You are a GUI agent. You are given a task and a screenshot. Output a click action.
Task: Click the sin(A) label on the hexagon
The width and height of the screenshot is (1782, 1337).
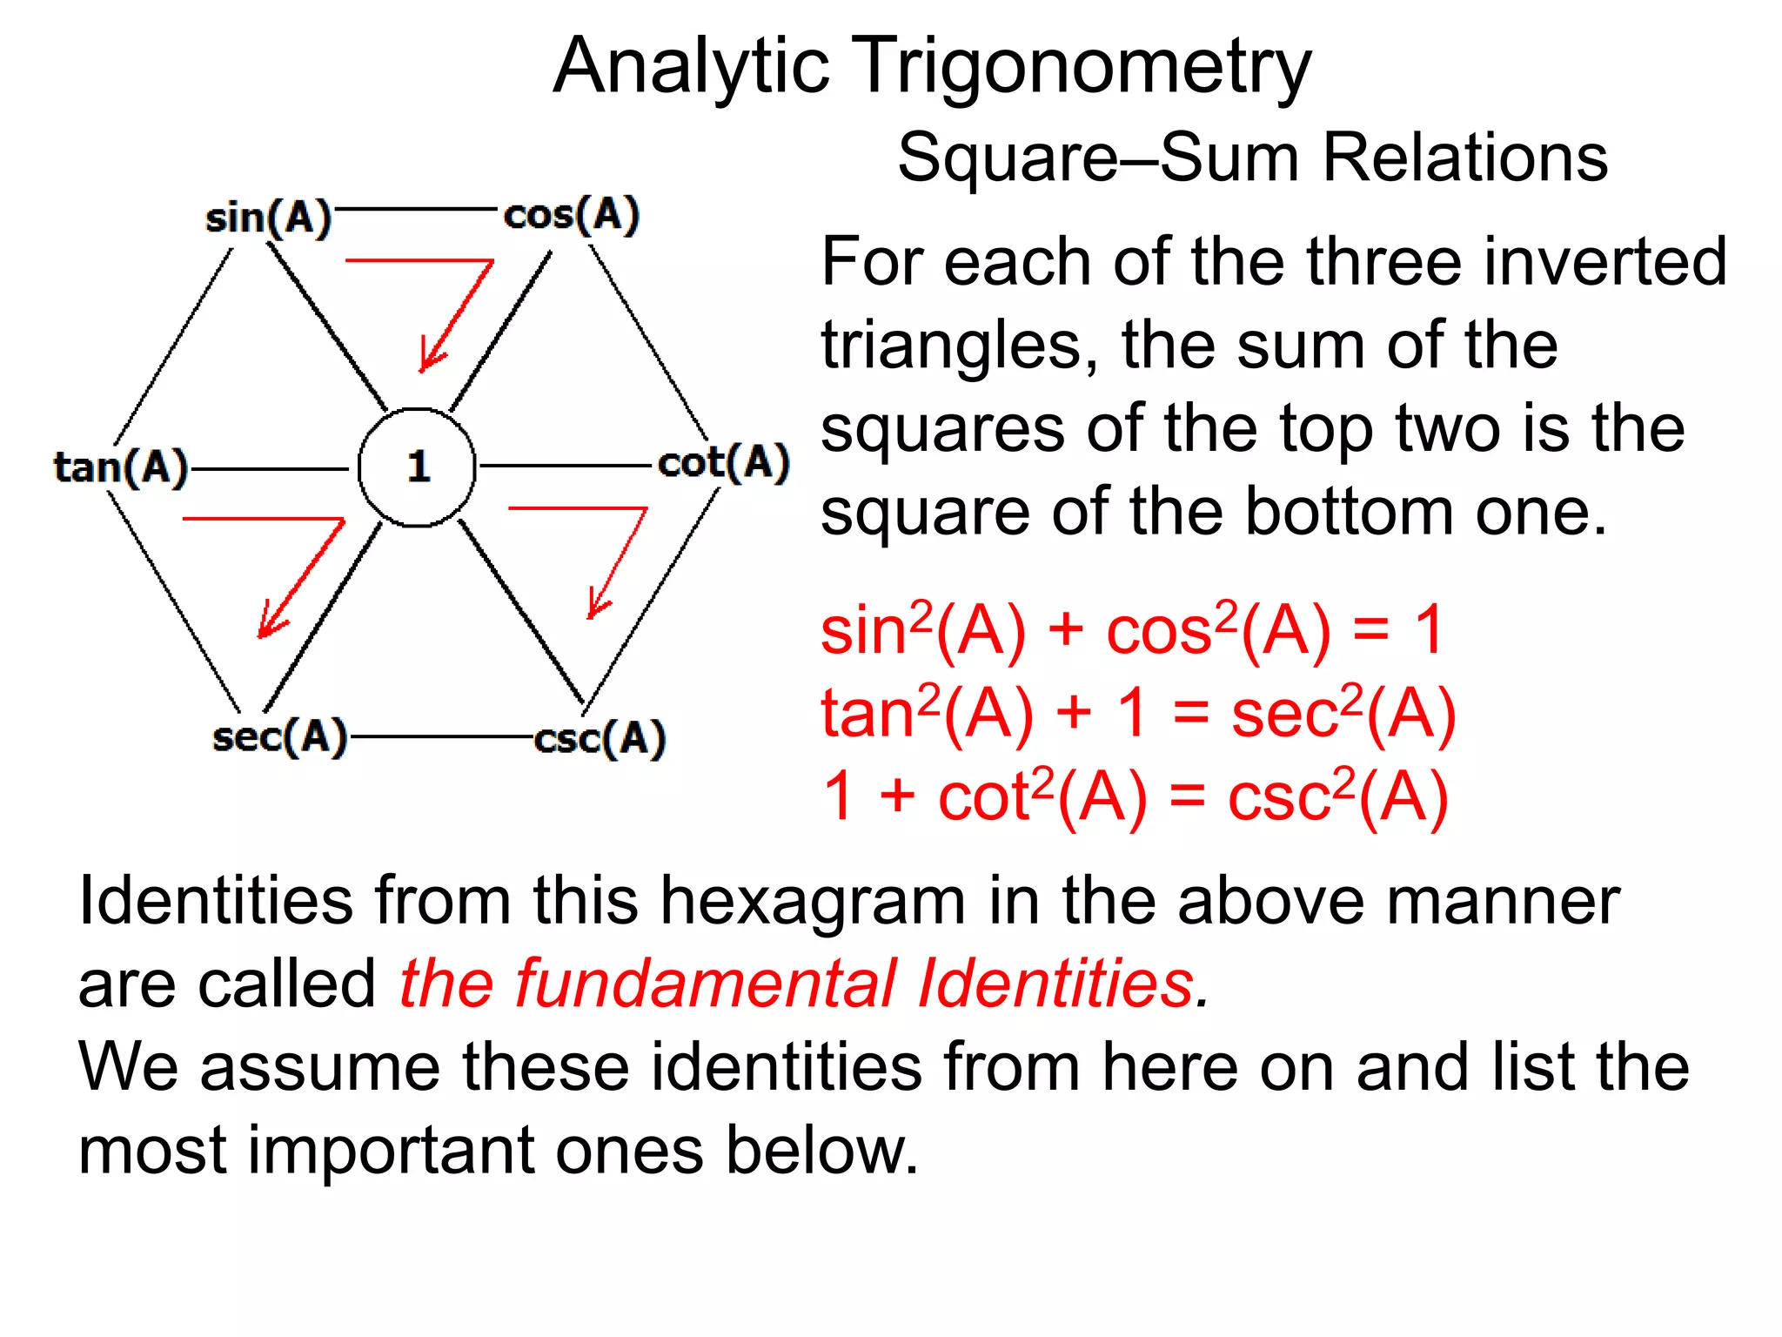click(268, 217)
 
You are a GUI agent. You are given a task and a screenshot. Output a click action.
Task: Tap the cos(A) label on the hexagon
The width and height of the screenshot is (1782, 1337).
click(571, 214)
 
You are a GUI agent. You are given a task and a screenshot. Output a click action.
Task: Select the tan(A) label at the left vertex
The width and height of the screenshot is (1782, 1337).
click(121, 467)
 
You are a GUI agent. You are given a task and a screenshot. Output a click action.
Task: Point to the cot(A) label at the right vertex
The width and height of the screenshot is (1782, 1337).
click(723, 462)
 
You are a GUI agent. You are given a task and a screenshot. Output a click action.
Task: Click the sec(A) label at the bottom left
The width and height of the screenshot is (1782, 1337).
click(279, 737)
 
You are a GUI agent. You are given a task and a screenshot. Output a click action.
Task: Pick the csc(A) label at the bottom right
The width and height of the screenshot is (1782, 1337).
click(600, 739)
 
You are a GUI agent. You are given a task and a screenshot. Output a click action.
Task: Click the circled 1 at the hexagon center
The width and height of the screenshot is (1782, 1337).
click(418, 467)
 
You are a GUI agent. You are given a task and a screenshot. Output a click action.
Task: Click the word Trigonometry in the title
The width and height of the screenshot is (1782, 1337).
click(1080, 67)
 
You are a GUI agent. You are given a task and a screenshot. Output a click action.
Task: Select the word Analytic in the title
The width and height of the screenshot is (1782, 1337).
click(691, 67)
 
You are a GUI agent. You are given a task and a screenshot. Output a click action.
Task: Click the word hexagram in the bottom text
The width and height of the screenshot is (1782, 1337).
click(812, 900)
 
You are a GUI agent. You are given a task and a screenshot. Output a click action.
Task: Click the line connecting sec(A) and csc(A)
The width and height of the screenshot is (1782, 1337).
click(440, 737)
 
